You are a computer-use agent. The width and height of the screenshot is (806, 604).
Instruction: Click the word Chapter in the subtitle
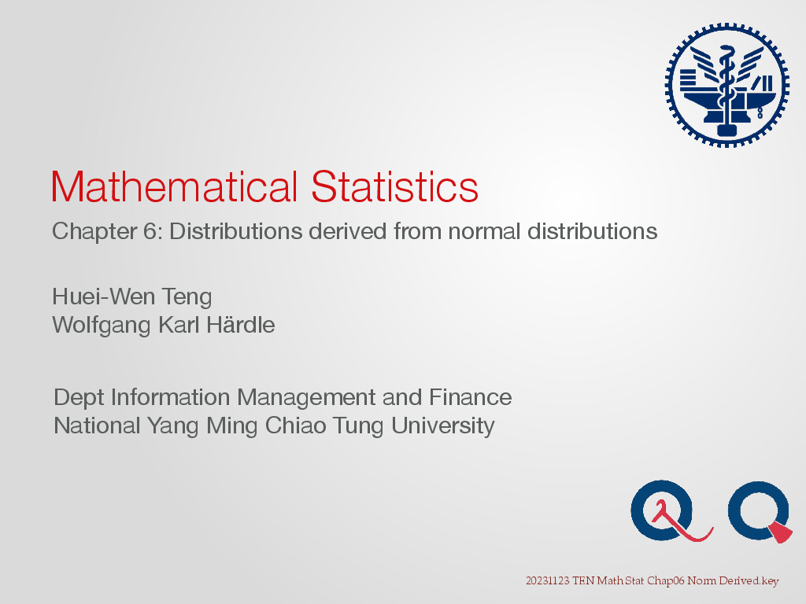[94, 232]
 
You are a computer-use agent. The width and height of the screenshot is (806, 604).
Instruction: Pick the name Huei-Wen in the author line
[103, 296]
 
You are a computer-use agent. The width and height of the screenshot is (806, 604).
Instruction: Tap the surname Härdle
[241, 325]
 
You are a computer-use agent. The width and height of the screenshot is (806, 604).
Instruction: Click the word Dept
[79, 398]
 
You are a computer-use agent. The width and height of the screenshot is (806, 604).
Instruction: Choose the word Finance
[471, 397]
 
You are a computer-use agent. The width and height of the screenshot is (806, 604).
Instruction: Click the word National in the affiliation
[97, 425]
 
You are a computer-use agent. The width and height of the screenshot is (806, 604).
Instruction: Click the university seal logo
[727, 85]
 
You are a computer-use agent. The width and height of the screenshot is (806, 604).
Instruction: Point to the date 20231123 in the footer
[548, 581]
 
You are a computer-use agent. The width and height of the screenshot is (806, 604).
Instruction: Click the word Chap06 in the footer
[666, 581]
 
